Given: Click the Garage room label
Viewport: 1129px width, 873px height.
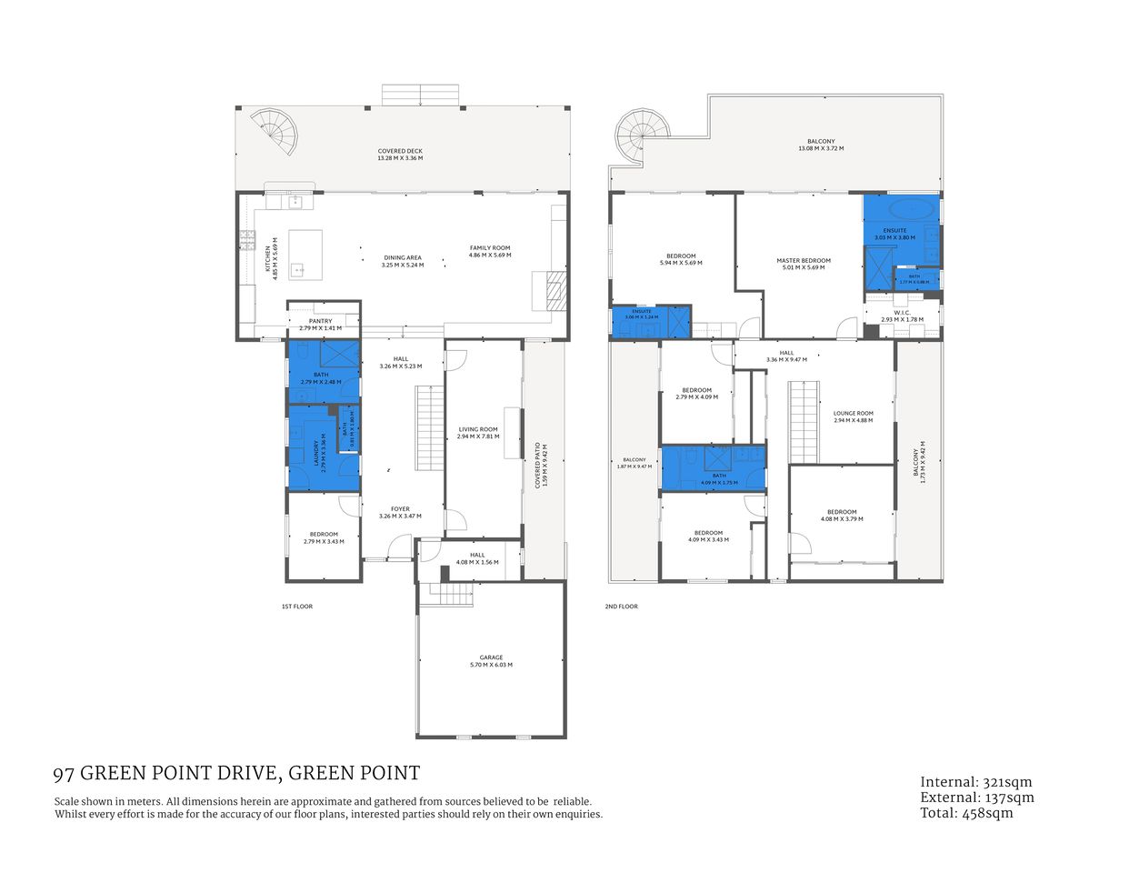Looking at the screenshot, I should click(491, 657).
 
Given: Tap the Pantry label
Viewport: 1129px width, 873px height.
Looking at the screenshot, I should click(320, 321).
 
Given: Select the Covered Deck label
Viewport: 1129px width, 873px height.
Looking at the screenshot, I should click(400, 151).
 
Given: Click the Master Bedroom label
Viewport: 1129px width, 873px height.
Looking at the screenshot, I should click(803, 261).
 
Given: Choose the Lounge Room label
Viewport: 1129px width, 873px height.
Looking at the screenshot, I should click(853, 413).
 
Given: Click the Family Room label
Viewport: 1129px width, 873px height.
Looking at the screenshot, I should click(489, 248).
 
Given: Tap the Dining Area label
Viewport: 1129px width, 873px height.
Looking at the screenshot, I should click(402, 257).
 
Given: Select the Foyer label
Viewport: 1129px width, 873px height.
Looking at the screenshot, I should click(400, 509).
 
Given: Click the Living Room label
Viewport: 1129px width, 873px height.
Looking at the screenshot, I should click(477, 429).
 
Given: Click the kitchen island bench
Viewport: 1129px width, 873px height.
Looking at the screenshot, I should click(305, 255).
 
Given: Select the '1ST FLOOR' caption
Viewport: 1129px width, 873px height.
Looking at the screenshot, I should click(297, 607).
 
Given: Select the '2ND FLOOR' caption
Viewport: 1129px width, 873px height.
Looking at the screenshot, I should click(622, 607).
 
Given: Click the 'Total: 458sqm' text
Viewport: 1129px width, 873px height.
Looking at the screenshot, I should click(966, 814).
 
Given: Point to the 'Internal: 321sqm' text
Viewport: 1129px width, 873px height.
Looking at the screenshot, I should click(976, 782).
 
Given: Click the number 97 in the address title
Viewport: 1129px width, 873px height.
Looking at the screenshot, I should click(64, 774).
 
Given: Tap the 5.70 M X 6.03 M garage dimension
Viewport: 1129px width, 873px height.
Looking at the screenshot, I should click(491, 665).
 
